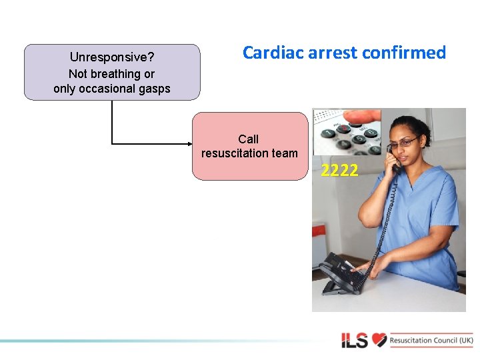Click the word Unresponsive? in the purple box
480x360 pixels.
tap(112, 58)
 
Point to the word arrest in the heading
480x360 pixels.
tap(333, 53)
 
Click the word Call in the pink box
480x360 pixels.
tap(248, 139)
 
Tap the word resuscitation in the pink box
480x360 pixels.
tap(235, 153)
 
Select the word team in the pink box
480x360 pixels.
tap(284, 153)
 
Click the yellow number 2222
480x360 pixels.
tap(339, 171)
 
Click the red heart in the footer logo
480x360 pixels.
tap(379, 341)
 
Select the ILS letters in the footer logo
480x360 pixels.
tap(355, 341)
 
